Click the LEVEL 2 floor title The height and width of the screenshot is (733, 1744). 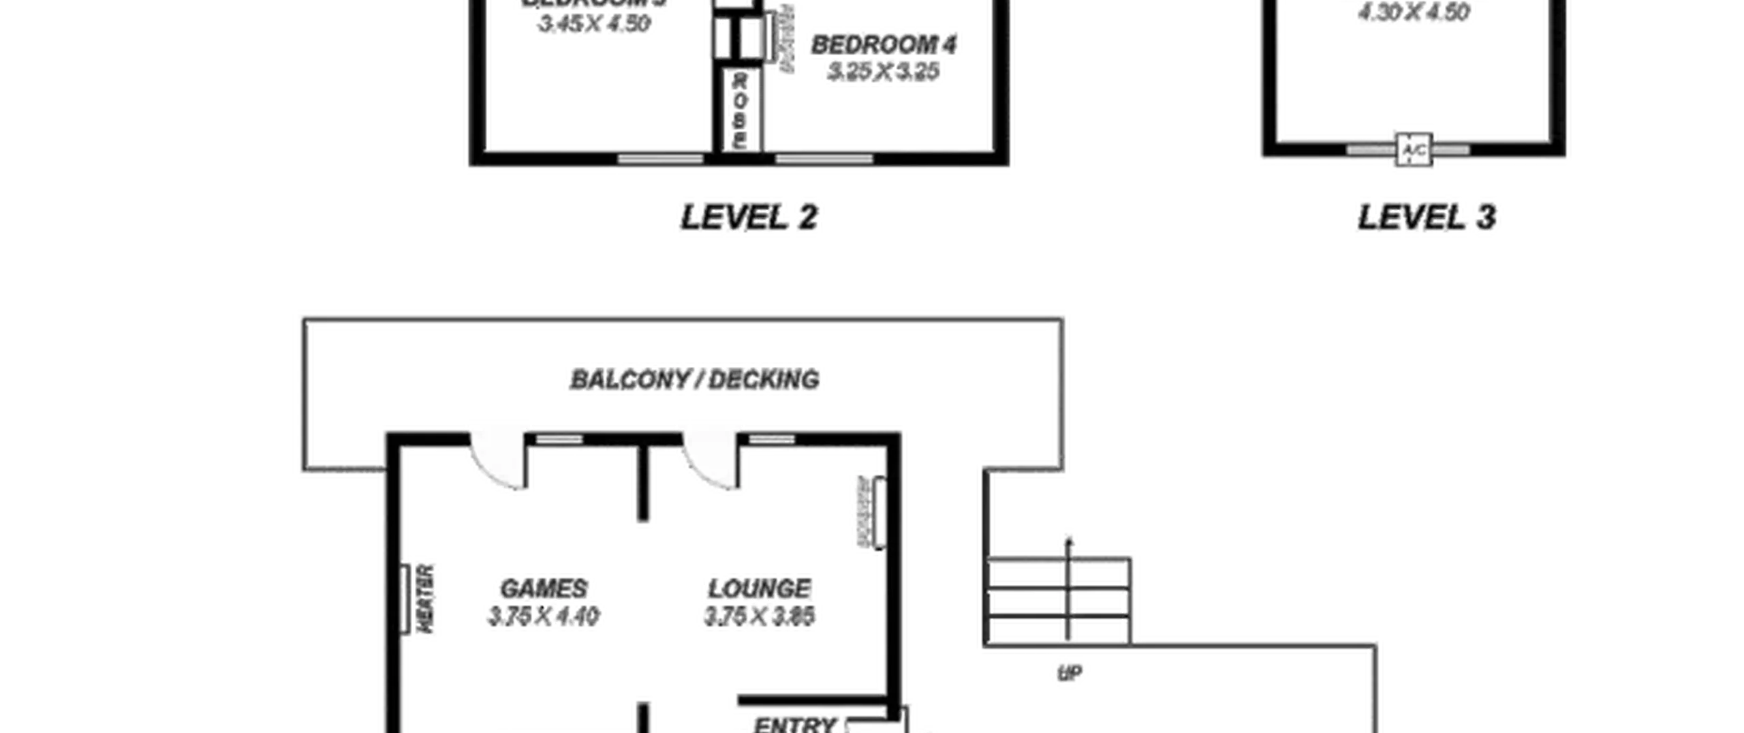tap(747, 218)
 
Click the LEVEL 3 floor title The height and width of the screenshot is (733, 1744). tap(1426, 218)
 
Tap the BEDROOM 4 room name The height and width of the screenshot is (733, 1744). tap(884, 45)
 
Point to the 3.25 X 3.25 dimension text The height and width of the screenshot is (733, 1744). tap(884, 72)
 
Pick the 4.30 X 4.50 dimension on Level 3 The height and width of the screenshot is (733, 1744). tap(1415, 12)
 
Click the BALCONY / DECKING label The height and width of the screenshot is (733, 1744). tap(695, 379)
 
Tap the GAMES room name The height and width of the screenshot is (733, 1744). tap(544, 588)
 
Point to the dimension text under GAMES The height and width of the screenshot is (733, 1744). tap(544, 616)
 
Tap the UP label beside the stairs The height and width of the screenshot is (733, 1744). tap(1069, 672)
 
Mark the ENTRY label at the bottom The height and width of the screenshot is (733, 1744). tap(794, 724)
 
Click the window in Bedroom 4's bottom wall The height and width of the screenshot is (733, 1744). tap(824, 159)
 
